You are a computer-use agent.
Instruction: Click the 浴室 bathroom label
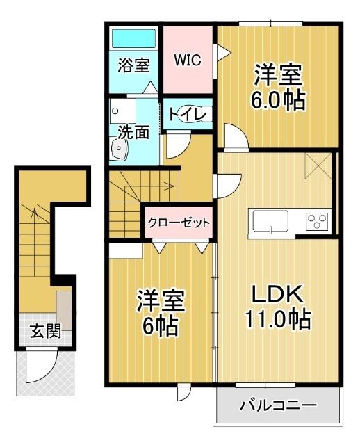click(x=133, y=66)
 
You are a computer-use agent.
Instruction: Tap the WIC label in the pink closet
click(x=187, y=60)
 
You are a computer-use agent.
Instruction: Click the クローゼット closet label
click(x=178, y=222)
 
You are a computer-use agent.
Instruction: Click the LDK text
click(x=275, y=295)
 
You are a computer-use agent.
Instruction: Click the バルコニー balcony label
click(x=279, y=405)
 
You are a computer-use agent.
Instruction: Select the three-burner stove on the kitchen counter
click(x=318, y=222)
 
